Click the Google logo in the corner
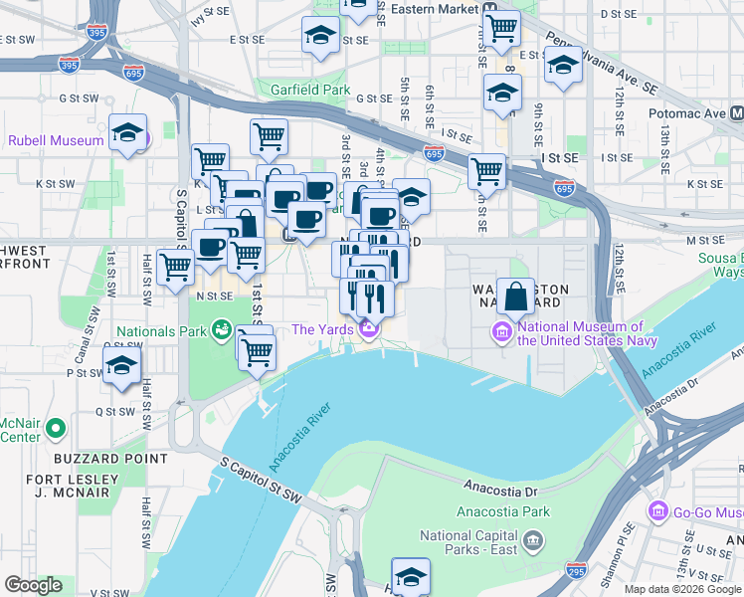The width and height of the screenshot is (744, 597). click(x=33, y=585)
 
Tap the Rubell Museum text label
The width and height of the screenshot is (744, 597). click(x=56, y=140)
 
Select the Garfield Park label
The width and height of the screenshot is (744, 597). click(x=310, y=90)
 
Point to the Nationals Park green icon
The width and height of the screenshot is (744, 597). click(x=221, y=329)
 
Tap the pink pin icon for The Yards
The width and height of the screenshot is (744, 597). click(x=369, y=329)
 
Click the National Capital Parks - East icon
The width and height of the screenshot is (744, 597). click(x=534, y=542)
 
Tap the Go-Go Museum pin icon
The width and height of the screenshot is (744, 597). click(x=657, y=511)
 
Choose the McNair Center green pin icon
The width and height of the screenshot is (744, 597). click(x=56, y=429)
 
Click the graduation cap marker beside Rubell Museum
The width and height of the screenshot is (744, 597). click(x=127, y=133)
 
